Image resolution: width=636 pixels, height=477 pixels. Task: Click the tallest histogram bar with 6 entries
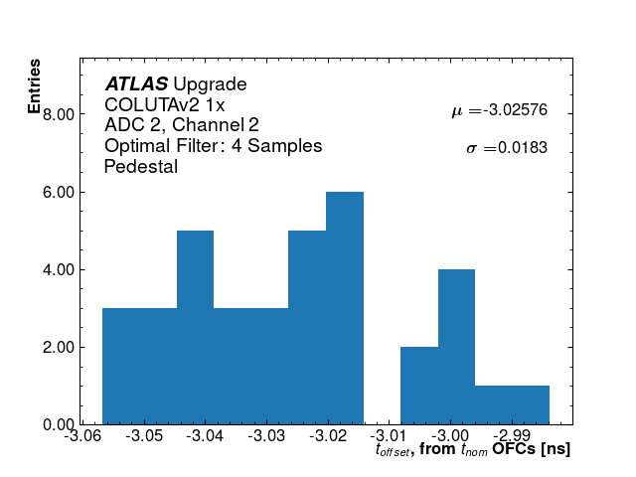345,308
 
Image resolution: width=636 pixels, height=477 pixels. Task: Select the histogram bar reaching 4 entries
456,347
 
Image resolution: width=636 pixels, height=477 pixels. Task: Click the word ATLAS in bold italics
136,83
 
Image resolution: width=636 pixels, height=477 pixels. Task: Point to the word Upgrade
210,84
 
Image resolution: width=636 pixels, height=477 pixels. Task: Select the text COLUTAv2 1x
165,104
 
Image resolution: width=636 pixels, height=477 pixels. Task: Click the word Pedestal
141,167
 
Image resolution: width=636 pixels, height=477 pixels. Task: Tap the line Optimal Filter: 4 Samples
213,146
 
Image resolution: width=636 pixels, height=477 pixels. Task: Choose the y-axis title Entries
35,86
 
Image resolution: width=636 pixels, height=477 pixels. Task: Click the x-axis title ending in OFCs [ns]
473,449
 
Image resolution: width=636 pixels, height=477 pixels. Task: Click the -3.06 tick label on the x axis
82,436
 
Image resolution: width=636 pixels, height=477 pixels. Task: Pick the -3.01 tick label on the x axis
389,436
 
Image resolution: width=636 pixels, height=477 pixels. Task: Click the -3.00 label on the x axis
450,436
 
